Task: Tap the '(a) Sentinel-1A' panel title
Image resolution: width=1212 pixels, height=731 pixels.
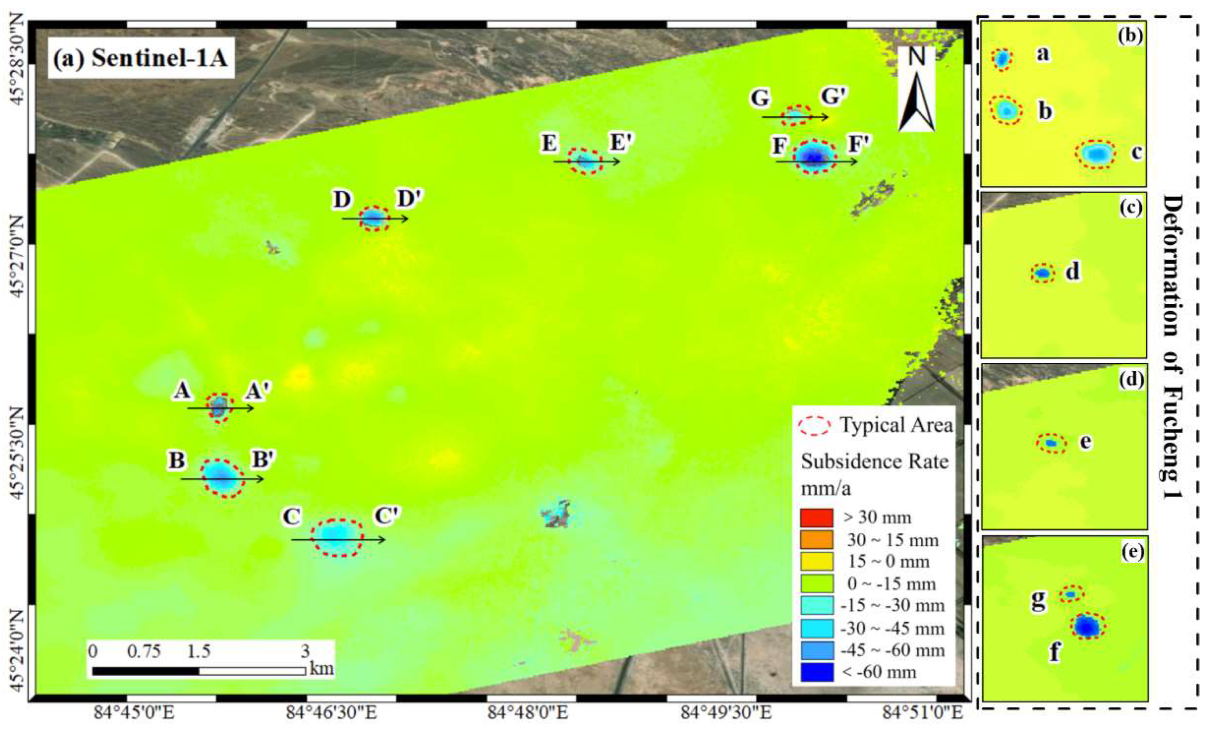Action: [x=141, y=59]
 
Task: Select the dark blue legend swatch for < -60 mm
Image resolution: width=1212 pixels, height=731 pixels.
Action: [x=817, y=672]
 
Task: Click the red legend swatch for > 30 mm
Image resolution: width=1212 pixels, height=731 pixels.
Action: [x=817, y=517]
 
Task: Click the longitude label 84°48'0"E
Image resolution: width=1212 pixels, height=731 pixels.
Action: [x=528, y=713]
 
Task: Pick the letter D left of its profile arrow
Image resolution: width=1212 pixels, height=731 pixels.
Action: [x=342, y=200]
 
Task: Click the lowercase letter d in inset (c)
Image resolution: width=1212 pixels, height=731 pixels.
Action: [x=1073, y=271]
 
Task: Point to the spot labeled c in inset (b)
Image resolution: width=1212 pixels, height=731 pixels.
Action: [x=1095, y=154]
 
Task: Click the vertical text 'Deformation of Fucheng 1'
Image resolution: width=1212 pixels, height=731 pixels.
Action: [x=1174, y=347]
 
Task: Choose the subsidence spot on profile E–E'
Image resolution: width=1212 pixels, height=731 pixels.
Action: [x=585, y=161]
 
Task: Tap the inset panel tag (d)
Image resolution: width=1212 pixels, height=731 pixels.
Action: [x=1131, y=379]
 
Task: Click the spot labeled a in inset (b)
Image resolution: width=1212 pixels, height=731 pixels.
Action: [x=1002, y=59]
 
